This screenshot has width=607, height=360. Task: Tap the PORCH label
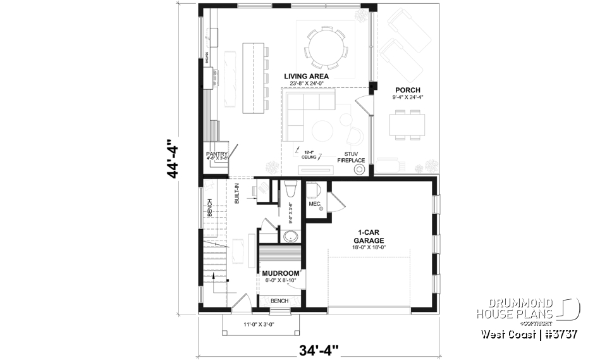(x=407, y=89)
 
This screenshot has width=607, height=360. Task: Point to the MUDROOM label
(x=280, y=273)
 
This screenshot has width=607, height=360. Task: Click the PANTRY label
(x=216, y=154)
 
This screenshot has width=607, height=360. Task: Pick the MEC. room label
(x=315, y=204)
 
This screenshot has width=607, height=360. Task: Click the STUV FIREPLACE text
(x=355, y=157)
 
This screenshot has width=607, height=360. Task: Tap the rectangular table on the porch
(x=406, y=123)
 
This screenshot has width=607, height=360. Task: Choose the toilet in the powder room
(x=291, y=190)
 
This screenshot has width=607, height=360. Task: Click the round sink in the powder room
(x=291, y=237)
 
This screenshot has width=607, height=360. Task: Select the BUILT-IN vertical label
(x=237, y=193)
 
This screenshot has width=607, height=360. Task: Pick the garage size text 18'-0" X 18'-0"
(x=370, y=248)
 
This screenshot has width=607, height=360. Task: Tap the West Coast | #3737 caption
(x=529, y=333)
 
